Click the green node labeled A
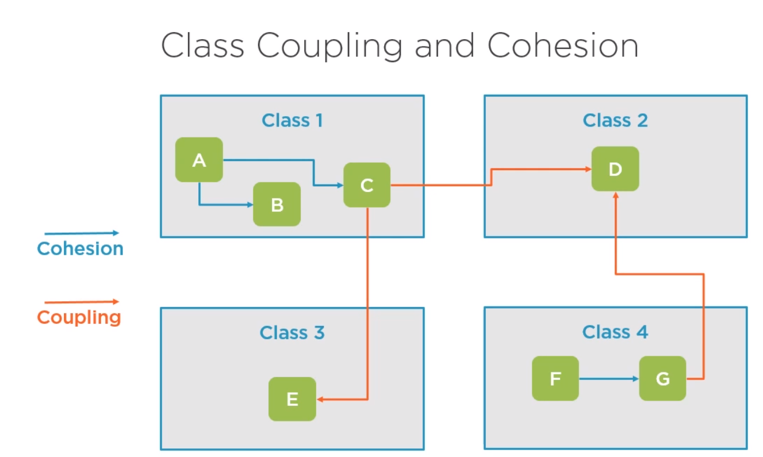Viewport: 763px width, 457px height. pos(200,160)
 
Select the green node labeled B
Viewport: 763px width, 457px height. pos(277,204)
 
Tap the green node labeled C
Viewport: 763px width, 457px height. pos(367,185)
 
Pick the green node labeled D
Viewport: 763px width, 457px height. pos(615,169)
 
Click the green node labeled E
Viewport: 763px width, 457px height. pos(292,399)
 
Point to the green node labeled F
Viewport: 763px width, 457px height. pos(555,378)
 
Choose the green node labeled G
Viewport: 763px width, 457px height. pos(662,378)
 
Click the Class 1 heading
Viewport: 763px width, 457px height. pos(292,120)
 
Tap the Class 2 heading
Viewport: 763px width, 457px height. pos(615,120)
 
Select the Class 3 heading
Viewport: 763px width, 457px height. pos(292,332)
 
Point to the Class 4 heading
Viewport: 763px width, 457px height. pos(615,332)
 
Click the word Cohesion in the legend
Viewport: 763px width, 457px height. pos(80,248)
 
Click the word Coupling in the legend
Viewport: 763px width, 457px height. pos(79,318)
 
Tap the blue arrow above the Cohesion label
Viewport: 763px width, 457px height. pos(82,233)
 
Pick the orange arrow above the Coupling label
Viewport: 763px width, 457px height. pos(82,302)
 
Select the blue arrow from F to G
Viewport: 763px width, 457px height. pos(609,379)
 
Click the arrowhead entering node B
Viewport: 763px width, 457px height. pos(250,205)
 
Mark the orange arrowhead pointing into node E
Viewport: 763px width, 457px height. pos(320,399)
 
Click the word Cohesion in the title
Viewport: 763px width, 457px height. pos(563,45)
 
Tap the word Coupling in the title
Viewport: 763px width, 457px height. pos(329,47)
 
